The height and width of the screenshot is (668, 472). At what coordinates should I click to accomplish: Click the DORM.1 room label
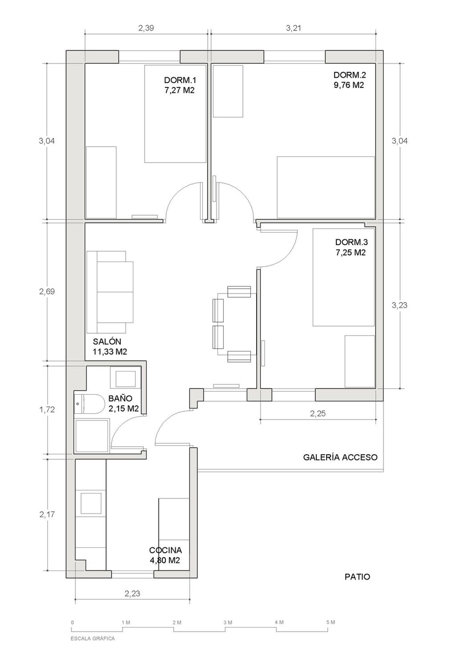click(x=180, y=80)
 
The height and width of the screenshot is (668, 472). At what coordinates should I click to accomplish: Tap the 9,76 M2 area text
click(x=349, y=85)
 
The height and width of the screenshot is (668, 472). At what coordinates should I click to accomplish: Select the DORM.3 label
click(x=351, y=242)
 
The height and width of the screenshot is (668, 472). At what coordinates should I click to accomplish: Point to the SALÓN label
click(x=107, y=341)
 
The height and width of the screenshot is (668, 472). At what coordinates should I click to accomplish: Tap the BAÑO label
click(x=120, y=398)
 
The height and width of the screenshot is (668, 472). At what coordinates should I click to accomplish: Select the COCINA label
click(x=165, y=550)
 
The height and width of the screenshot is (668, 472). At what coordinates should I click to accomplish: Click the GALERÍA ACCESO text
click(x=340, y=457)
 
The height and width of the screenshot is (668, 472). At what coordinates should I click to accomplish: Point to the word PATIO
click(x=357, y=577)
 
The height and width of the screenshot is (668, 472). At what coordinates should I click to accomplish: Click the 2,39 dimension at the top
click(x=146, y=28)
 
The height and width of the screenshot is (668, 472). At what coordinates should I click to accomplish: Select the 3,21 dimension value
click(x=293, y=28)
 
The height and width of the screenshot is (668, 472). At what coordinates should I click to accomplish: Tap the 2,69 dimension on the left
click(x=47, y=292)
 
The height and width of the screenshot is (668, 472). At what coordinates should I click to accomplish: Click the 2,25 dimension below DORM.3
click(x=318, y=414)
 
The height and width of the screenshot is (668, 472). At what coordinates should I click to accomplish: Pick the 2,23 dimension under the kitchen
click(x=132, y=594)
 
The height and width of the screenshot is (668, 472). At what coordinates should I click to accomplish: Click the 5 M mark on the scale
click(x=330, y=622)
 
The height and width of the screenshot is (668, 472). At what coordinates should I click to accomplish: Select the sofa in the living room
click(x=110, y=292)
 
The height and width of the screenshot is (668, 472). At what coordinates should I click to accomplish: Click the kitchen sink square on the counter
click(x=91, y=503)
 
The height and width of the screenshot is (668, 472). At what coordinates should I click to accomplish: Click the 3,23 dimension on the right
click(x=400, y=305)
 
